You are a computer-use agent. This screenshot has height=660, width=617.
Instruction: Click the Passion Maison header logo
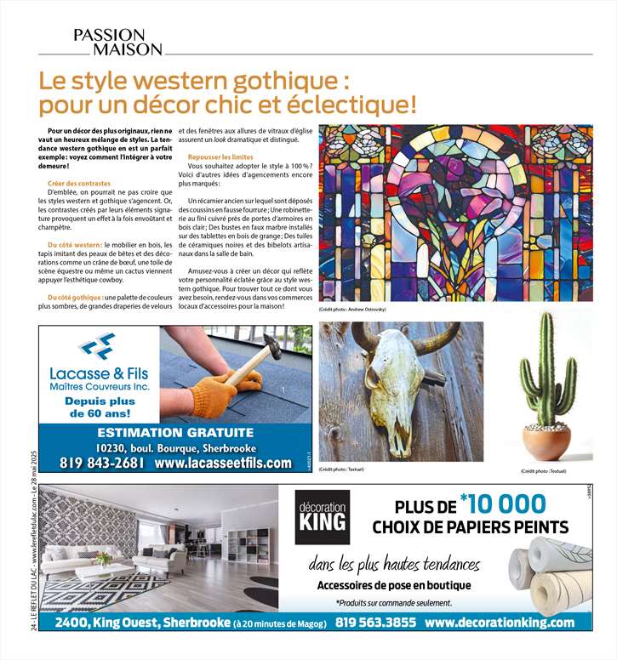click(117, 41)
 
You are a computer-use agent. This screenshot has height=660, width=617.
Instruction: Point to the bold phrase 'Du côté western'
click(70, 245)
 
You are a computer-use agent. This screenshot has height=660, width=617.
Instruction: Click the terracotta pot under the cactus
click(546, 441)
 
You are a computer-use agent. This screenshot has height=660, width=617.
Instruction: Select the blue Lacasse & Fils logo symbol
click(96, 345)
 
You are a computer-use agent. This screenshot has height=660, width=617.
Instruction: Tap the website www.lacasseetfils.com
click(223, 464)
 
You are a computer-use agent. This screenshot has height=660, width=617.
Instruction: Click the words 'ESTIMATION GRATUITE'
click(175, 432)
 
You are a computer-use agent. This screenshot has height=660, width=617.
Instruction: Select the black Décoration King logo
click(323, 516)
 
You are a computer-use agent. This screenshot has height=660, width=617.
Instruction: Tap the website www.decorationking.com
click(499, 623)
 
